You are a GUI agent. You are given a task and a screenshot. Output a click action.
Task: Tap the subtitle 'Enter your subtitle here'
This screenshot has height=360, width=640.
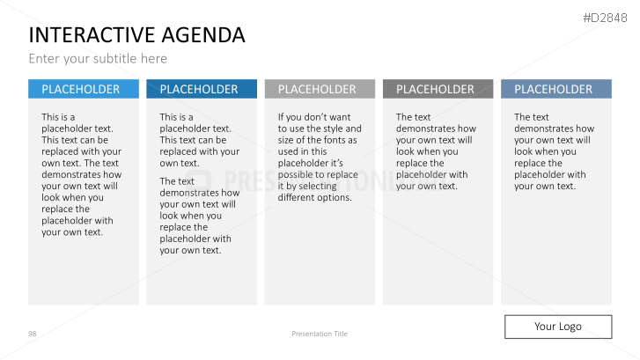pos(98,59)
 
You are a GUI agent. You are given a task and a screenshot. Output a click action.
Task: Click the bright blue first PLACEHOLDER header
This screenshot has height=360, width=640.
pos(84,89)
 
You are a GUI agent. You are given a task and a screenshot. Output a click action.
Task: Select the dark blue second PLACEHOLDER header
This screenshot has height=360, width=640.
pos(202,89)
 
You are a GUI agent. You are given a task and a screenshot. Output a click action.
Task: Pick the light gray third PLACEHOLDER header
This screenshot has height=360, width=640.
pos(320,89)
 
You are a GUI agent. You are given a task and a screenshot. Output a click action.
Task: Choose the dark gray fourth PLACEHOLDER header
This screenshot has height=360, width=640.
pos(438,89)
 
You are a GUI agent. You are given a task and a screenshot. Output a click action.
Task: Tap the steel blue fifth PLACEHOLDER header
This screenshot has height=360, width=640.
pos(555,89)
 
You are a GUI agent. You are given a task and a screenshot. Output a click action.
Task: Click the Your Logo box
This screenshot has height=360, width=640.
pos(557,327)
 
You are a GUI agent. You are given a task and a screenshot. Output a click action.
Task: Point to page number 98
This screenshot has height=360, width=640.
pos(33,334)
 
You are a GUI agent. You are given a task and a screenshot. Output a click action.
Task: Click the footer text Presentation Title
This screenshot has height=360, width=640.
pos(320,334)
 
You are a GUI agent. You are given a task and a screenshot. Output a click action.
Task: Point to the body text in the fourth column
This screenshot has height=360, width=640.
pos(435,151)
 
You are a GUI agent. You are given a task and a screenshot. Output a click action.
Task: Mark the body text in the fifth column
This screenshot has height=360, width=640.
pos(553,151)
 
